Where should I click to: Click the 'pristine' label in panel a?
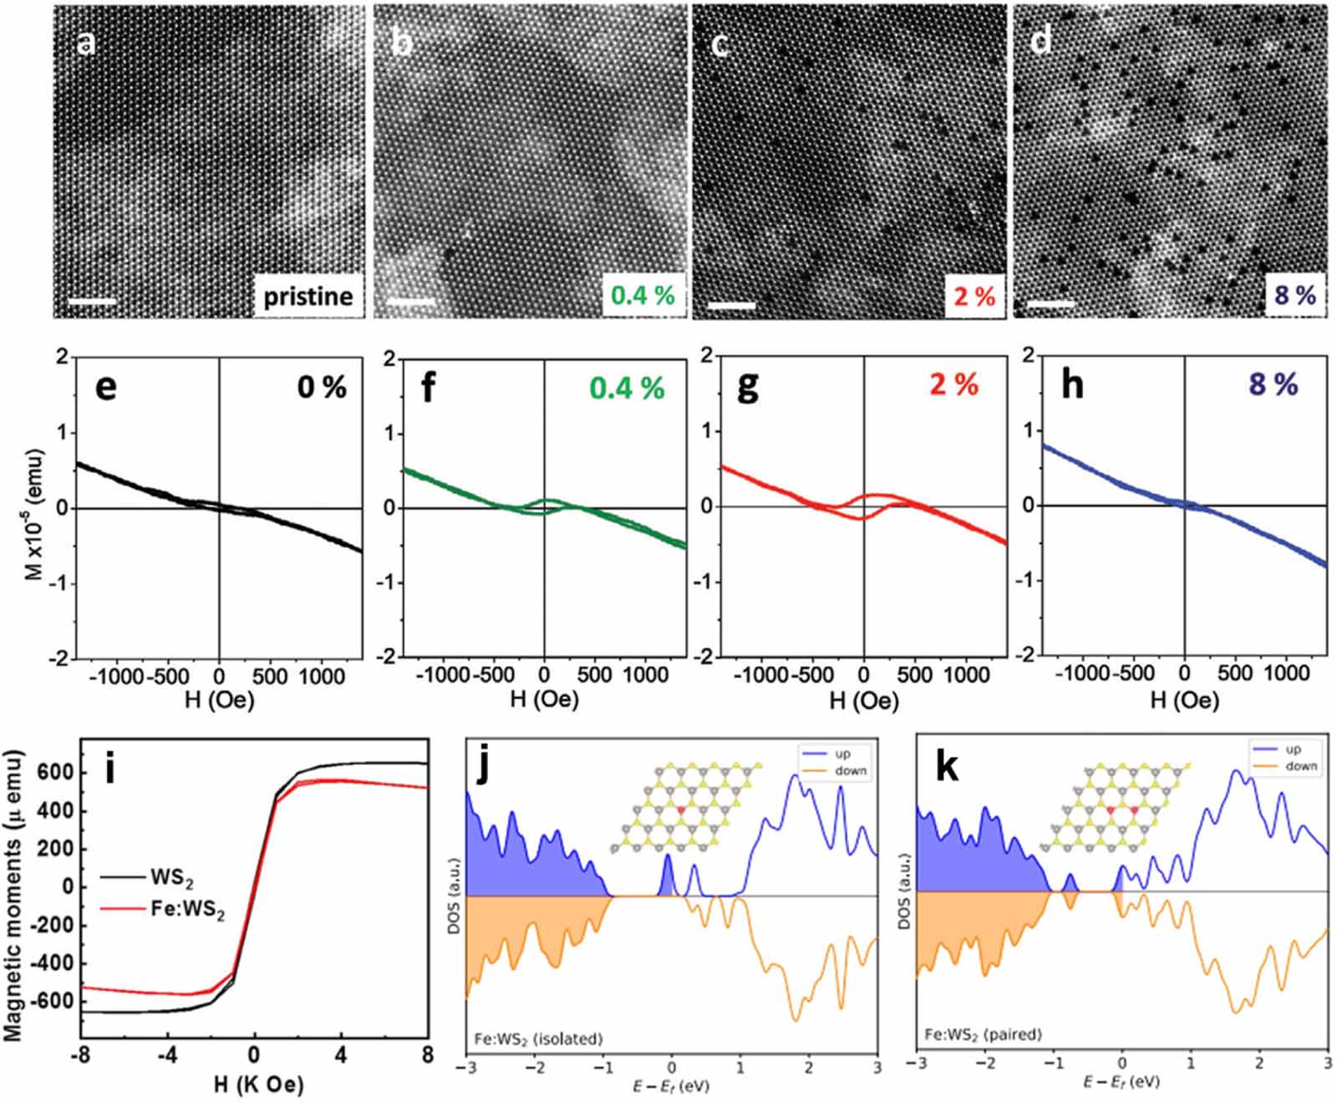click(308, 296)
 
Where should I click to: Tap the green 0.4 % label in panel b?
click(642, 295)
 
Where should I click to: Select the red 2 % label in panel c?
click(974, 296)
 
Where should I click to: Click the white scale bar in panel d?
click(1050, 305)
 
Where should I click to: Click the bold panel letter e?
click(105, 387)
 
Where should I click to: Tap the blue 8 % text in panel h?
click(1273, 385)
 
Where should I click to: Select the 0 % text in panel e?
click(322, 387)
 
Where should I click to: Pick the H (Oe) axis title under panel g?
click(863, 700)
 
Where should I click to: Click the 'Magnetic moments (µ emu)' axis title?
click(13, 896)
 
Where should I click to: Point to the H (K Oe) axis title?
click(258, 1085)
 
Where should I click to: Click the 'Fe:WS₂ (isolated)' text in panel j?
click(538, 1039)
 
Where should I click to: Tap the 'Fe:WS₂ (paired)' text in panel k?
click(983, 1034)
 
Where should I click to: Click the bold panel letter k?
click(947, 767)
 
